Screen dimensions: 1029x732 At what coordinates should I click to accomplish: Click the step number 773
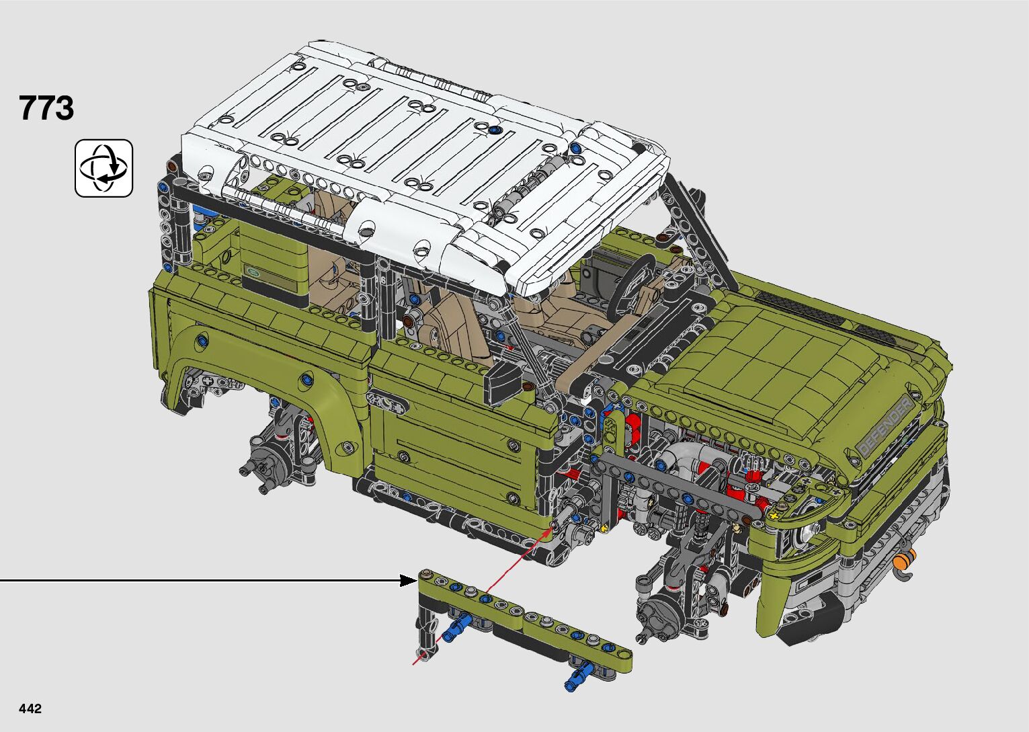(46, 108)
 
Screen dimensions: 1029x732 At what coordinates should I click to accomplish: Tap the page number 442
(30, 708)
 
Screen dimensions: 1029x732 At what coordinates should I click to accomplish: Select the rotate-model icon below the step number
(104, 168)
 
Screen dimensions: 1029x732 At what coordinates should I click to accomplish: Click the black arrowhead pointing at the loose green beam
(409, 580)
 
